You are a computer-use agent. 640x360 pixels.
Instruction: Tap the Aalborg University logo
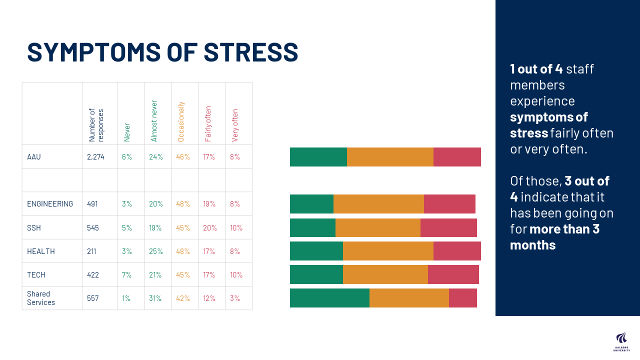pyautogui.click(x=621, y=341)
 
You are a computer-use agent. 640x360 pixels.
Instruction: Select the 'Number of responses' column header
pyautogui.click(x=96, y=125)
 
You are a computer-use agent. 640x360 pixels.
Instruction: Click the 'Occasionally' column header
pyautogui.click(x=181, y=121)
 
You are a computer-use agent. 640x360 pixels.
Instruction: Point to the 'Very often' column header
pyautogui.click(x=235, y=125)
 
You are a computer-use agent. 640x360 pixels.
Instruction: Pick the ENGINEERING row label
pyautogui.click(x=50, y=204)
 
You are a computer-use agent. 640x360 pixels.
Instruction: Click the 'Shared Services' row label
pyautogui.click(x=41, y=298)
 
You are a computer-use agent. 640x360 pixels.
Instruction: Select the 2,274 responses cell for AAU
pyautogui.click(x=96, y=157)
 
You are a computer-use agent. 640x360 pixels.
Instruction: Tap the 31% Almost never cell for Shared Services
pyautogui.click(x=155, y=298)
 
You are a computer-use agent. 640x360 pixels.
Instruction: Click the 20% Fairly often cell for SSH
pyautogui.click(x=210, y=228)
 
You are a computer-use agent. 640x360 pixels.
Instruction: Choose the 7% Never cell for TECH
pyautogui.click(x=127, y=275)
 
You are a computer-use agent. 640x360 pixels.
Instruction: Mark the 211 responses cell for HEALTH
pyautogui.click(x=91, y=251)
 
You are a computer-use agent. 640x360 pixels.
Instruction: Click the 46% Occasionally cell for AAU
pyautogui.click(x=183, y=157)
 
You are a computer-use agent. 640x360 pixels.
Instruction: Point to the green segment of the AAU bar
pyautogui.click(x=318, y=157)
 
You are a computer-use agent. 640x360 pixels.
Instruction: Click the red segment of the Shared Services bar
pyautogui.click(x=462, y=298)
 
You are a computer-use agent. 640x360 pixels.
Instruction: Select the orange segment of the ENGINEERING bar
pyautogui.click(x=378, y=204)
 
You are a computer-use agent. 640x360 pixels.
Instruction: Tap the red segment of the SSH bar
pyautogui.click(x=448, y=227)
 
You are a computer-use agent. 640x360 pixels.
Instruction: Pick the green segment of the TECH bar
pyautogui.click(x=316, y=274)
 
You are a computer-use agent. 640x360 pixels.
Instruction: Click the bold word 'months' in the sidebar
pyautogui.click(x=532, y=245)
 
